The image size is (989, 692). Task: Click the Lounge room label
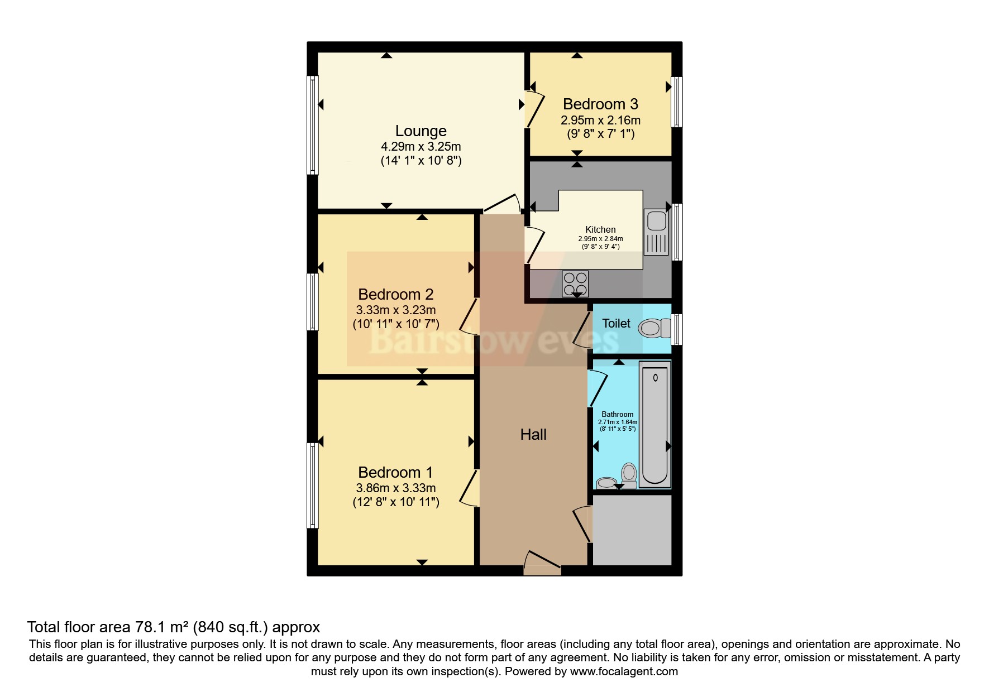point(421,131)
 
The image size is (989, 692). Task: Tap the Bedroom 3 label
point(600,104)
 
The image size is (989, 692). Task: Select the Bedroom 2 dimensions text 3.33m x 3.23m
point(395,310)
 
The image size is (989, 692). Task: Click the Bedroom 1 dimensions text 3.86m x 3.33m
point(395,488)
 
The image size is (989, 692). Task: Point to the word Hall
point(533,435)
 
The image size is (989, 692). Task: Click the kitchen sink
point(656,232)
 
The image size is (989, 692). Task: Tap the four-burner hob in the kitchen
point(575,283)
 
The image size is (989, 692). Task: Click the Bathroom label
point(617,415)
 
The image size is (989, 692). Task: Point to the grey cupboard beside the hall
point(632,530)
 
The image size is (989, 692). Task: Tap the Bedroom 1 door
point(469,489)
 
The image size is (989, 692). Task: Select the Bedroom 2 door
point(469,317)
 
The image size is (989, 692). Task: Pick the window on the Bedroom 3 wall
point(676,102)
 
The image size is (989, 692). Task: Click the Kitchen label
point(600,229)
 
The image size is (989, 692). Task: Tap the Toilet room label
point(616,324)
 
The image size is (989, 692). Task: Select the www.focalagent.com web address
point(624,671)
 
